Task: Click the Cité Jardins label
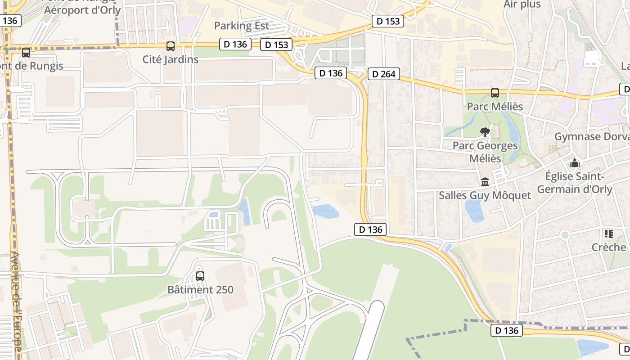[x=170, y=59]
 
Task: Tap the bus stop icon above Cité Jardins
[x=170, y=46]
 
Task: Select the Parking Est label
[x=241, y=26]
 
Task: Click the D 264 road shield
[x=384, y=74]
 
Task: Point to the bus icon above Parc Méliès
[x=495, y=93]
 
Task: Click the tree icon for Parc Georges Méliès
[x=485, y=132]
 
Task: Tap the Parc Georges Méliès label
[x=485, y=152]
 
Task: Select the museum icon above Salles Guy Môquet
[x=485, y=182]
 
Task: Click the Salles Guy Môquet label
[x=485, y=195]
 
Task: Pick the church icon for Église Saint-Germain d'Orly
[x=574, y=163]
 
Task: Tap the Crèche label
[x=609, y=247]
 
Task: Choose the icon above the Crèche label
[x=609, y=234]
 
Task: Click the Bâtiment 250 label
[x=200, y=289]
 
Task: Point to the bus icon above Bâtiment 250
[x=200, y=276]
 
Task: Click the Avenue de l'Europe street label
[x=16, y=301]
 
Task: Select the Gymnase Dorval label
[x=592, y=136]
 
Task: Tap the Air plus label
[x=522, y=4]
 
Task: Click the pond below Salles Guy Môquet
[x=474, y=210]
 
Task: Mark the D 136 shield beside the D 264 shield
[x=331, y=73]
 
